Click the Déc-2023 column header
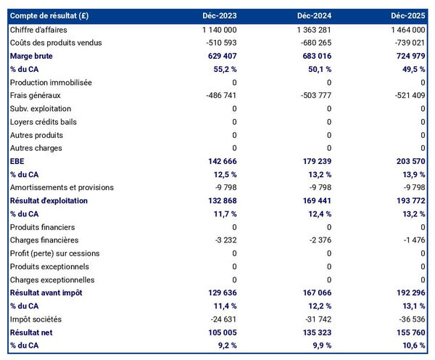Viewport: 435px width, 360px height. click(220, 16)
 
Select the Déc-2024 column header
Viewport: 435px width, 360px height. click(314, 16)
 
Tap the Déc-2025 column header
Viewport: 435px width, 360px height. click(408, 16)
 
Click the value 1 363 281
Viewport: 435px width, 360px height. click(310, 30)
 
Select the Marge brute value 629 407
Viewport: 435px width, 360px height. click(217, 56)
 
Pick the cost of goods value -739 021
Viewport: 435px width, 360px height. click(405, 43)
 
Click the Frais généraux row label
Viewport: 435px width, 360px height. click(36, 96)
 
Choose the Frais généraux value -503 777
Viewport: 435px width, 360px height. click(312, 96)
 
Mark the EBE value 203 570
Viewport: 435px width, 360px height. click(406, 161)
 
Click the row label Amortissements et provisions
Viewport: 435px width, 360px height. click(62, 188)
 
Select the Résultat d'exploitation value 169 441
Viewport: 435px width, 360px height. click(312, 200)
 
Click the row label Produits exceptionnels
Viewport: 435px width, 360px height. click(50, 266)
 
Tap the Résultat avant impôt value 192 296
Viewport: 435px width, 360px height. click(406, 292)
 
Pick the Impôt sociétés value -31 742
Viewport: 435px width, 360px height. click(315, 319)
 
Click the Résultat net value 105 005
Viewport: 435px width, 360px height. click(217, 332)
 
